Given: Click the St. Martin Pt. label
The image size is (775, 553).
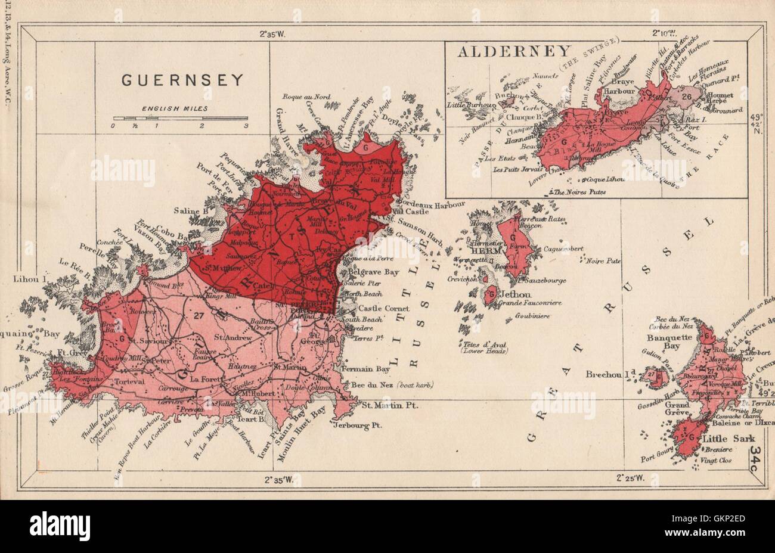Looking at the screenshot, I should point(390,405).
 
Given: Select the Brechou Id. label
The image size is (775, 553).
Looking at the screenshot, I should point(614,377).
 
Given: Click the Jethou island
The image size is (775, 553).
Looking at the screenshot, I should point(492,294).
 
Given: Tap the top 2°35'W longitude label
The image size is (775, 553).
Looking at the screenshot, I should point(273,34).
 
